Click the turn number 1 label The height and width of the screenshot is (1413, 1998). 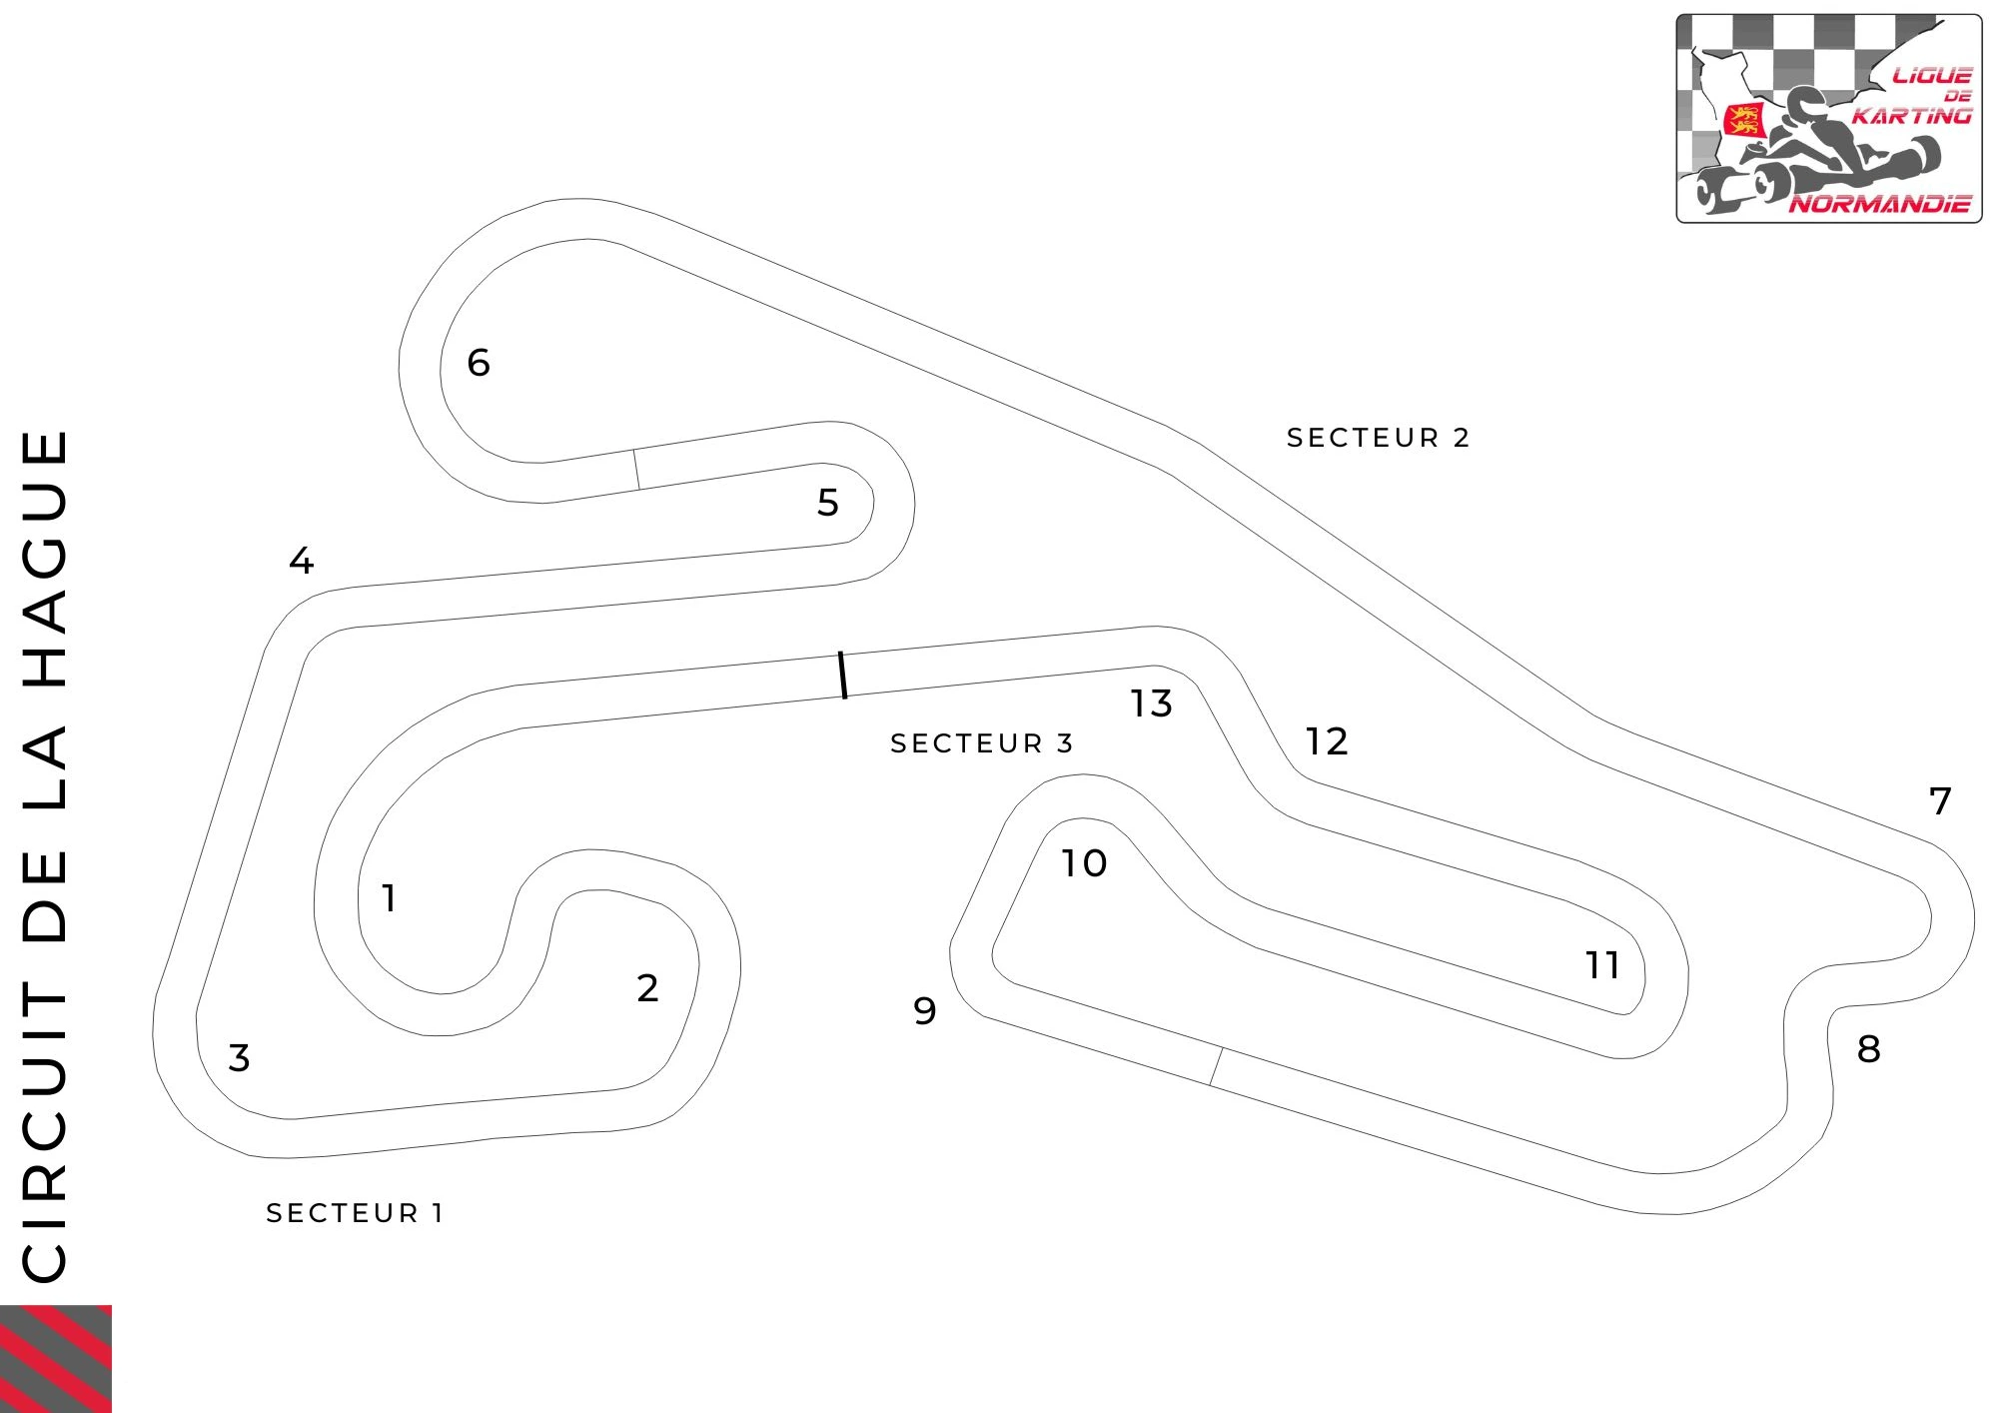390,897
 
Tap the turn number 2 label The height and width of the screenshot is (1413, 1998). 647,988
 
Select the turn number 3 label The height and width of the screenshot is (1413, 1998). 239,1057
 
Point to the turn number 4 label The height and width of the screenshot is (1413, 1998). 302,561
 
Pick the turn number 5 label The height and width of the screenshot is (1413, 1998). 828,502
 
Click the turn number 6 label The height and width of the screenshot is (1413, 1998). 479,362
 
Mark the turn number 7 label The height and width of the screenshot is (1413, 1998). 1940,800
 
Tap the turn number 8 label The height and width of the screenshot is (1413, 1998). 1869,1049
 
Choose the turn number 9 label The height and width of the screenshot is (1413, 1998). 925,1011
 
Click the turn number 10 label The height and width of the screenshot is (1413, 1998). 1084,863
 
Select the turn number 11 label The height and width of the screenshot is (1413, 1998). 1602,965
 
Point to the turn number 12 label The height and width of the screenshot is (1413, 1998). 1328,741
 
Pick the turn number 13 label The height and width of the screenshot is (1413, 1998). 1152,704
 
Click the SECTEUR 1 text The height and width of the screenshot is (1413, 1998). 355,1213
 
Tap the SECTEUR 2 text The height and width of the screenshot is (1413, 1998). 1378,438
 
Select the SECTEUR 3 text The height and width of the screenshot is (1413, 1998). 982,743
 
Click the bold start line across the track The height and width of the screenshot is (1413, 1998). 843,676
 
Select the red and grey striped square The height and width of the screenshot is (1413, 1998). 56,1359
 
